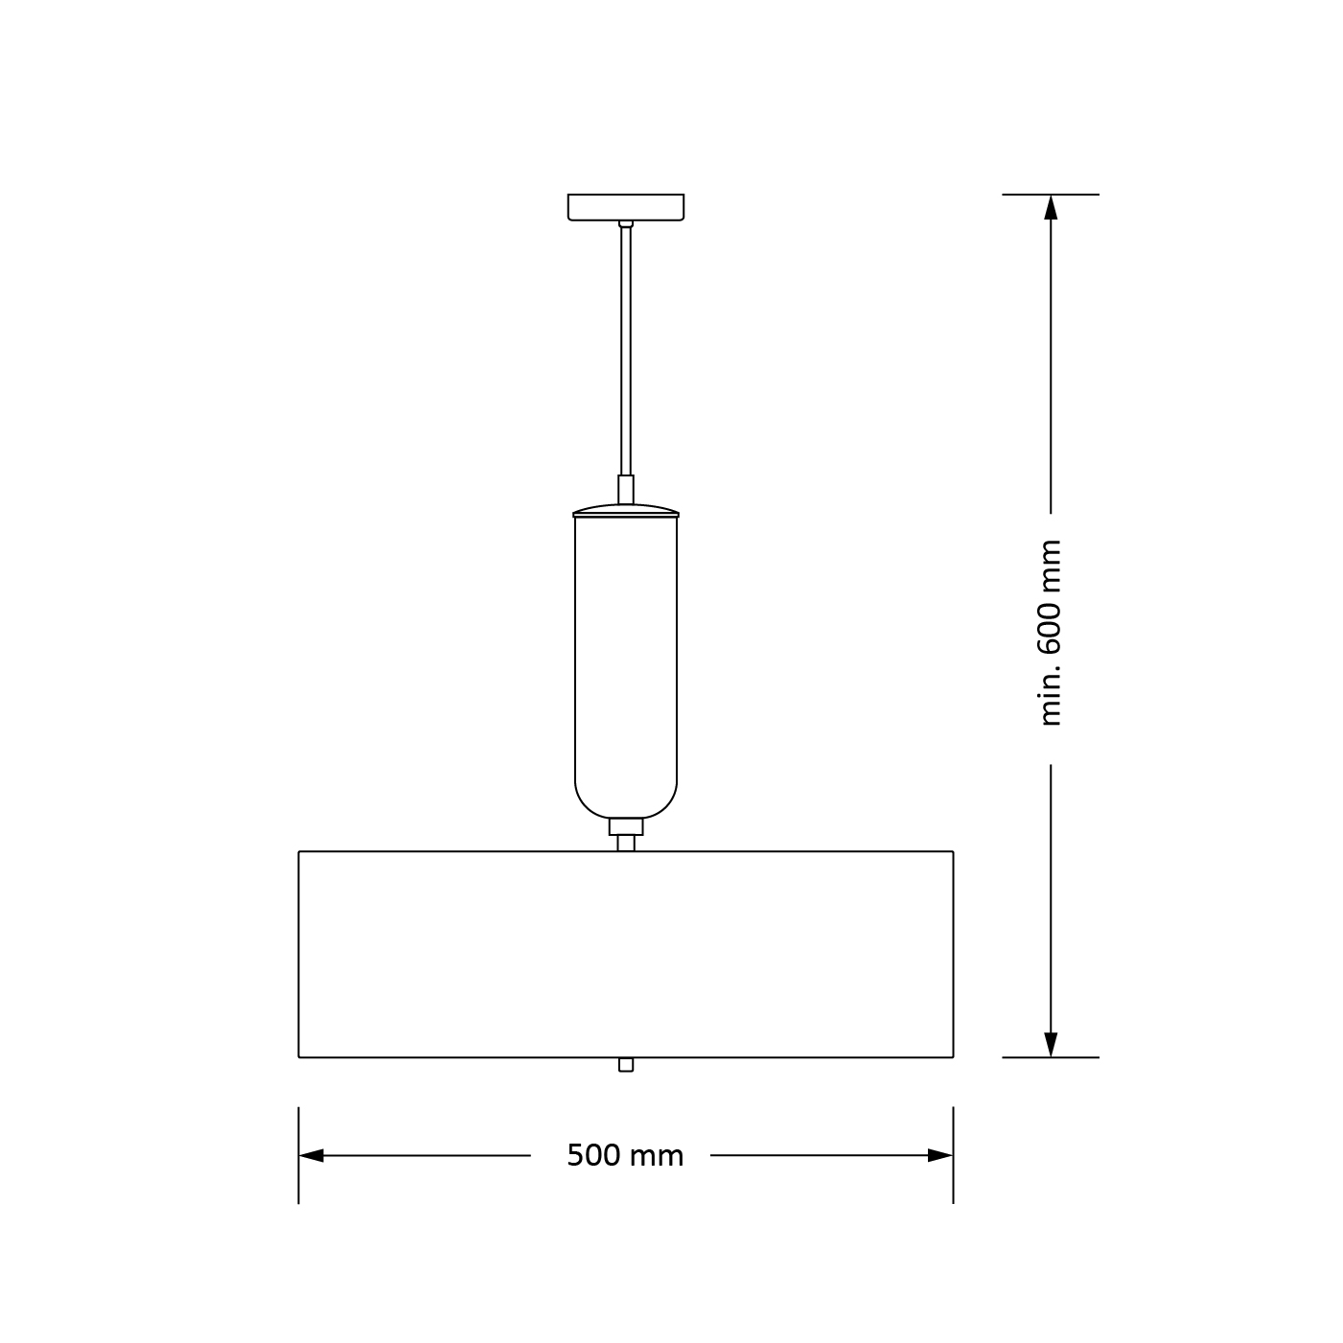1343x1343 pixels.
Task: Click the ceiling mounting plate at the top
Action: pos(625,207)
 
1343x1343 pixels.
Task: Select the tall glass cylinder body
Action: pos(625,661)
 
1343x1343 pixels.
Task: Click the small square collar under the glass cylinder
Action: pos(625,826)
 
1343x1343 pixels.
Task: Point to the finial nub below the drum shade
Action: pos(626,1064)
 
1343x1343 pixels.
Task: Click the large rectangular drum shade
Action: pos(625,954)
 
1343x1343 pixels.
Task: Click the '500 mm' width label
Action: pos(625,1156)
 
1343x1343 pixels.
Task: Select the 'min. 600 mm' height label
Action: pos(1051,633)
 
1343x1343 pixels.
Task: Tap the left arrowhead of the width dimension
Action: pos(311,1156)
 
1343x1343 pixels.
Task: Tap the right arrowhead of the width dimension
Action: pos(940,1156)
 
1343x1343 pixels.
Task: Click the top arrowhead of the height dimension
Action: pos(1051,208)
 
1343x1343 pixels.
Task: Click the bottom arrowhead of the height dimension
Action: pos(1051,1044)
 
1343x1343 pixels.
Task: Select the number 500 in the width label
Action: pos(593,1156)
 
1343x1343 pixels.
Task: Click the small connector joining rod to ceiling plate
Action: pos(626,224)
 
